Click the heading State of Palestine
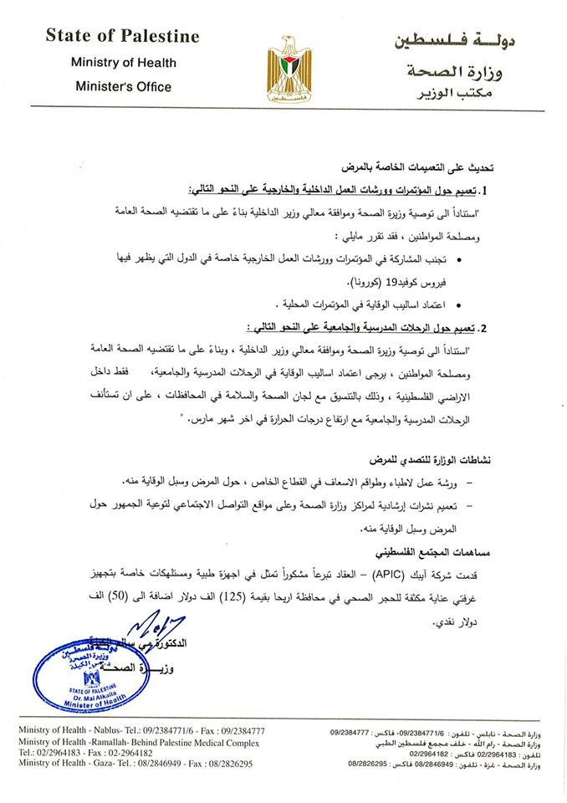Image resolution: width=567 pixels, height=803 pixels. [122, 36]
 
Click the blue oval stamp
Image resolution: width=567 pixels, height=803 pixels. [79, 678]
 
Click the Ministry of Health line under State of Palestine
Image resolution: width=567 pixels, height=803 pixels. [122, 62]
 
